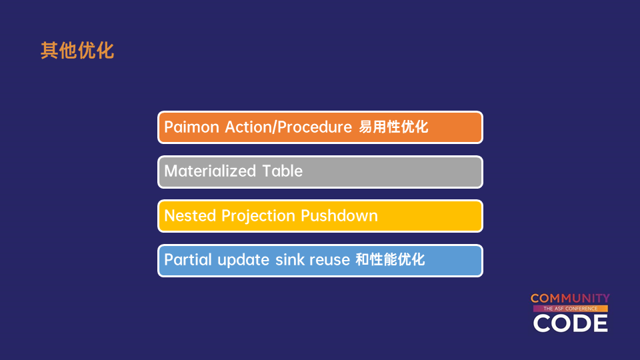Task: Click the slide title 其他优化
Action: click(77, 51)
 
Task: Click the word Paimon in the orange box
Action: click(192, 127)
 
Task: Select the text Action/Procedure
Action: click(288, 127)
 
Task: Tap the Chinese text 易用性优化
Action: click(393, 127)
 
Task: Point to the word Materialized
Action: click(210, 171)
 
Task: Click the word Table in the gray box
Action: click(282, 171)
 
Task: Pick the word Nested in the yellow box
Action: click(190, 215)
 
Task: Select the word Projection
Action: click(258, 216)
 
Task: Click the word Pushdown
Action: click(339, 215)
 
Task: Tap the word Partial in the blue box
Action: click(188, 259)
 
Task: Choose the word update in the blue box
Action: click(243, 260)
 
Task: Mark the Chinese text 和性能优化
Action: click(390, 259)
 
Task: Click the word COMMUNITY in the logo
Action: click(570, 299)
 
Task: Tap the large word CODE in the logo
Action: click(570, 323)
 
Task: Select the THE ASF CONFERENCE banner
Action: click(570, 309)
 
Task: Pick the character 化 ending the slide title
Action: click(105, 51)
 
